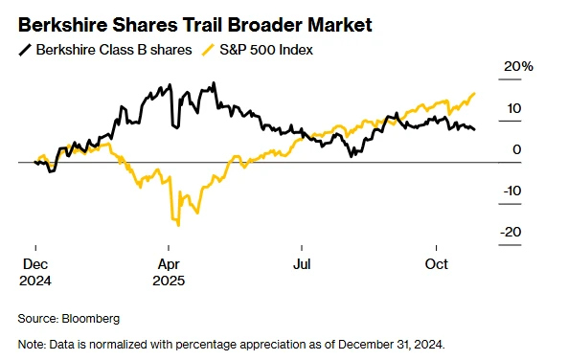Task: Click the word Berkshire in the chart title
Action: click(x=60, y=22)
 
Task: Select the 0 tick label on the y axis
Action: click(x=516, y=149)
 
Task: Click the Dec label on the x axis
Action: click(x=34, y=264)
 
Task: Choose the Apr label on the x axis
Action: click(x=169, y=264)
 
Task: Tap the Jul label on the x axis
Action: click(x=303, y=264)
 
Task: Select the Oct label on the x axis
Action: click(x=437, y=264)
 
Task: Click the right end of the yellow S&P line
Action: click(x=475, y=93)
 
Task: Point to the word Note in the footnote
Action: click(x=33, y=344)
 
